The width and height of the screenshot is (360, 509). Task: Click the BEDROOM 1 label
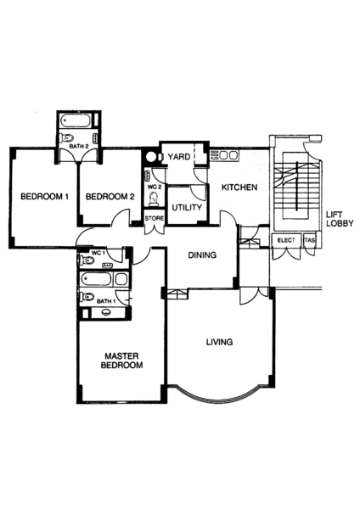click(x=44, y=197)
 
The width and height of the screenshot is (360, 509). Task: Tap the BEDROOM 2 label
click(x=110, y=197)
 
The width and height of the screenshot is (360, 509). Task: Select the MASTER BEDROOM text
click(x=122, y=361)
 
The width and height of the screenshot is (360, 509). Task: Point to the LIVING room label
click(x=220, y=342)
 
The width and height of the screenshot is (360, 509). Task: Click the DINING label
click(x=202, y=255)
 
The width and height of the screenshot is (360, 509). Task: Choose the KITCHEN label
click(x=239, y=187)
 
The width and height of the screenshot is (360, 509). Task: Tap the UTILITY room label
click(x=187, y=208)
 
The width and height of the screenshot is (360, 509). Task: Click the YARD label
click(x=179, y=157)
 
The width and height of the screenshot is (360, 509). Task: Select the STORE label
click(x=155, y=219)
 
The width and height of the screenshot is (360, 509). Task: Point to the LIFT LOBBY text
click(x=340, y=219)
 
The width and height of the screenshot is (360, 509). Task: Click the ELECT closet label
click(x=286, y=240)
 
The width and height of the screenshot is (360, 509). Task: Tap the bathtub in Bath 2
click(x=76, y=120)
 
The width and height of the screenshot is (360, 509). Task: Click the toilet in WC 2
click(x=153, y=199)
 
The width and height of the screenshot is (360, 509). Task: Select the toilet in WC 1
click(x=87, y=260)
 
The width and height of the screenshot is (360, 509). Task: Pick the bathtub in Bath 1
click(x=97, y=279)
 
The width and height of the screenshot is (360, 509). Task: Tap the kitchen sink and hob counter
click(x=224, y=155)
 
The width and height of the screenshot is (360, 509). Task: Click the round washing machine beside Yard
click(x=151, y=157)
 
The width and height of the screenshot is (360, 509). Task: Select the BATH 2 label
click(x=79, y=147)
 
